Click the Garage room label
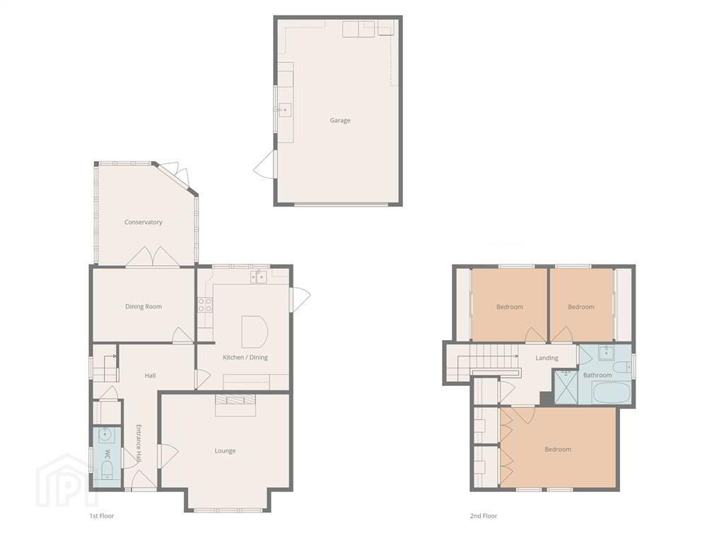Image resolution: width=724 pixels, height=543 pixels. (340, 120)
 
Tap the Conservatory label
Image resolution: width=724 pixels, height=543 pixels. (143, 222)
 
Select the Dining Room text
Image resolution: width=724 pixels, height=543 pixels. (144, 307)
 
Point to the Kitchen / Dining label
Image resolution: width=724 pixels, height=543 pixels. (245, 357)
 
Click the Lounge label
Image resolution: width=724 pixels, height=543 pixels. (225, 451)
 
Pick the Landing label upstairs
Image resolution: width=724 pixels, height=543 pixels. (547, 358)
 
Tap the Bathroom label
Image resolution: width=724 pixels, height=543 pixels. (597, 375)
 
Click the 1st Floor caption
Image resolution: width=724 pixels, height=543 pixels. (102, 515)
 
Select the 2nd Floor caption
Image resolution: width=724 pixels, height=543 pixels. (484, 515)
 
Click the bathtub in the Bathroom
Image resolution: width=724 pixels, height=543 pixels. (610, 392)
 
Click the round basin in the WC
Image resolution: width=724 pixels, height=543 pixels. (105, 435)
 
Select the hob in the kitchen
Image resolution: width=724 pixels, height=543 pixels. (206, 305)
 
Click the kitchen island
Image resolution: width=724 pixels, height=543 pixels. (255, 332)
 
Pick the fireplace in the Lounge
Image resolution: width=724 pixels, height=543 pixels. (235, 405)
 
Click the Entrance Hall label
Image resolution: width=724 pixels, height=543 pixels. (139, 443)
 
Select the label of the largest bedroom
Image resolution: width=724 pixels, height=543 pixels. (558, 449)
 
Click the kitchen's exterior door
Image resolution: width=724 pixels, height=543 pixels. (300, 299)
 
